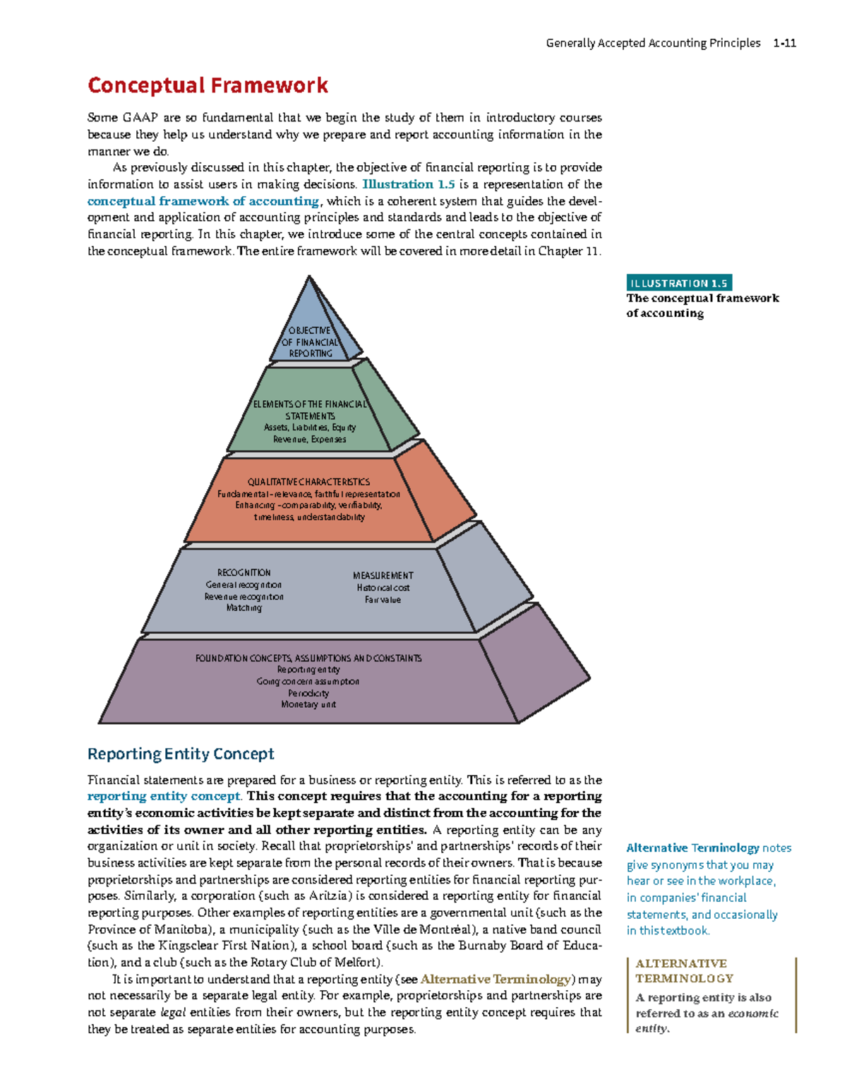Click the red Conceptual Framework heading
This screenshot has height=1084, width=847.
[x=208, y=86]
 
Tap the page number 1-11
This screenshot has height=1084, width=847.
[x=784, y=43]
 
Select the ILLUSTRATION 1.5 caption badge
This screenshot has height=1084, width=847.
[x=678, y=283]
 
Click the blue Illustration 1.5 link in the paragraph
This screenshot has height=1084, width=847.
[x=408, y=184]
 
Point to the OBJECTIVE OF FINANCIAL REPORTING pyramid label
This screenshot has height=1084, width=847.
[x=310, y=342]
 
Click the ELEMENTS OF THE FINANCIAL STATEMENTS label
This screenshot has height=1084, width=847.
[x=310, y=410]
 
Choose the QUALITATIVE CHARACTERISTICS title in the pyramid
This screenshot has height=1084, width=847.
[x=308, y=482]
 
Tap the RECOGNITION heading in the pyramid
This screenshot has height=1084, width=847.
[x=244, y=573]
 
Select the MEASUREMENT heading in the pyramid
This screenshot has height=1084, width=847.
[x=383, y=576]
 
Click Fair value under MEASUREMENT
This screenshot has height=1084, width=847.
[x=383, y=600]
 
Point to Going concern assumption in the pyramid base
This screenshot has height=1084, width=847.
[x=308, y=682]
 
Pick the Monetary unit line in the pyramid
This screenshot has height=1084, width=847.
[x=308, y=704]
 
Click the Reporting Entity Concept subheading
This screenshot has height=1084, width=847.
[x=181, y=754]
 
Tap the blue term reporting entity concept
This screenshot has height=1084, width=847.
[x=163, y=796]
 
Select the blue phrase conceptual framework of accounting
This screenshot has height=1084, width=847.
[x=203, y=201]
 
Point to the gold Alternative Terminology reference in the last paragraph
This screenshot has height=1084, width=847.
[x=495, y=980]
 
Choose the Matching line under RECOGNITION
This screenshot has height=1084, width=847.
[x=244, y=608]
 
